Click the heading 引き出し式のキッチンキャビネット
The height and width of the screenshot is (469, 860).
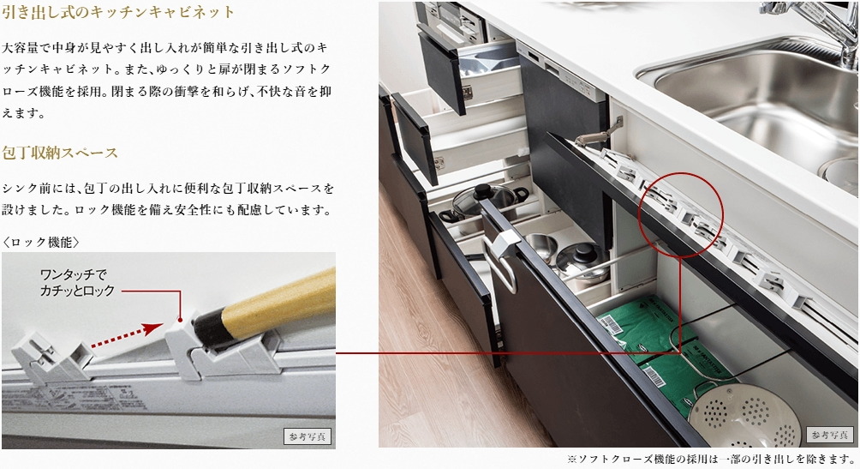(119, 13)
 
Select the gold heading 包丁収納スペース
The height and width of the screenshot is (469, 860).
(61, 153)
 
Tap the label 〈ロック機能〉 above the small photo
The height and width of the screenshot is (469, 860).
(41, 242)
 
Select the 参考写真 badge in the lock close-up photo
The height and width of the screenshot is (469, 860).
(308, 436)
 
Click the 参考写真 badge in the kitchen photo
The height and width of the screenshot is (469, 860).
(829, 435)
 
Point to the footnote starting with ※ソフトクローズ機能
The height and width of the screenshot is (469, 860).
(712, 460)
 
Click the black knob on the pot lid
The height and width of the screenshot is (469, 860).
(484, 189)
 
